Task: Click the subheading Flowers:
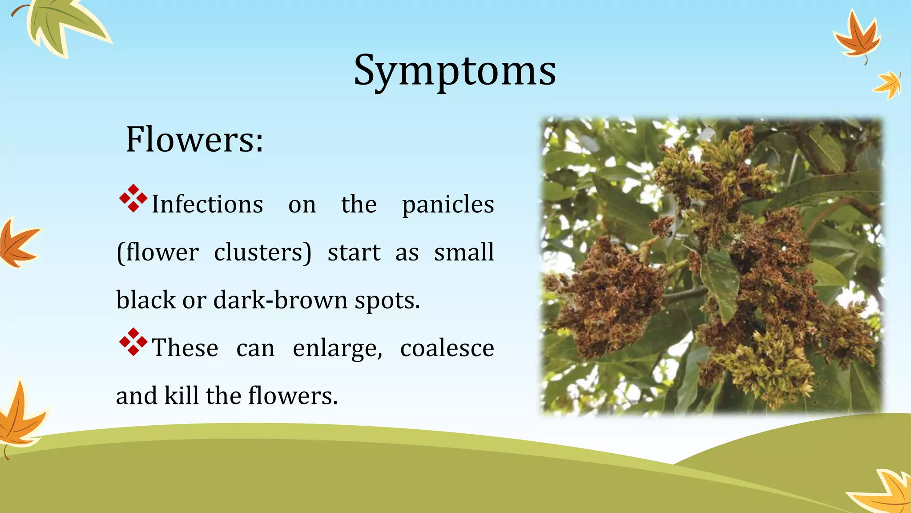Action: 194,140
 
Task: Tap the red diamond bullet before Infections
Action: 133,199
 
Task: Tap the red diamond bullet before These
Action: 133,342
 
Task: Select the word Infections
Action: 207,205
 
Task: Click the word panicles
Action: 447,205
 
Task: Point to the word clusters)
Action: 262,252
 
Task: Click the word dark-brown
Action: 280,300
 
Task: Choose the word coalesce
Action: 447,348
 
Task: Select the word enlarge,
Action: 337,348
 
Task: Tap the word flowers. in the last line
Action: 293,395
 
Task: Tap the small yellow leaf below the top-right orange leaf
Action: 888,85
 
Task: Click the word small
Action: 464,252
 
